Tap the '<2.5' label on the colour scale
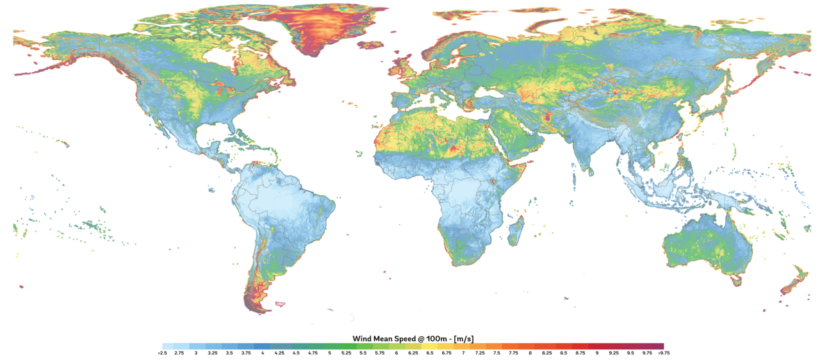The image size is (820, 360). [x=163, y=353]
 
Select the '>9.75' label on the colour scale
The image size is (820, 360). [x=664, y=353]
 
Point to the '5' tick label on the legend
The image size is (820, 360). [x=329, y=353]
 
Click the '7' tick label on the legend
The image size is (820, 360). [x=463, y=353]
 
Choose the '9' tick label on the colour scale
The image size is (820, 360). [x=596, y=353]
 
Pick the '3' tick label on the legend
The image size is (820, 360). [x=196, y=353]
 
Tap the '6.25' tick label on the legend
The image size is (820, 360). [x=413, y=353]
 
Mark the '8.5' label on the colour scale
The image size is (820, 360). [x=563, y=353]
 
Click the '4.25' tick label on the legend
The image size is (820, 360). [x=279, y=353]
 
